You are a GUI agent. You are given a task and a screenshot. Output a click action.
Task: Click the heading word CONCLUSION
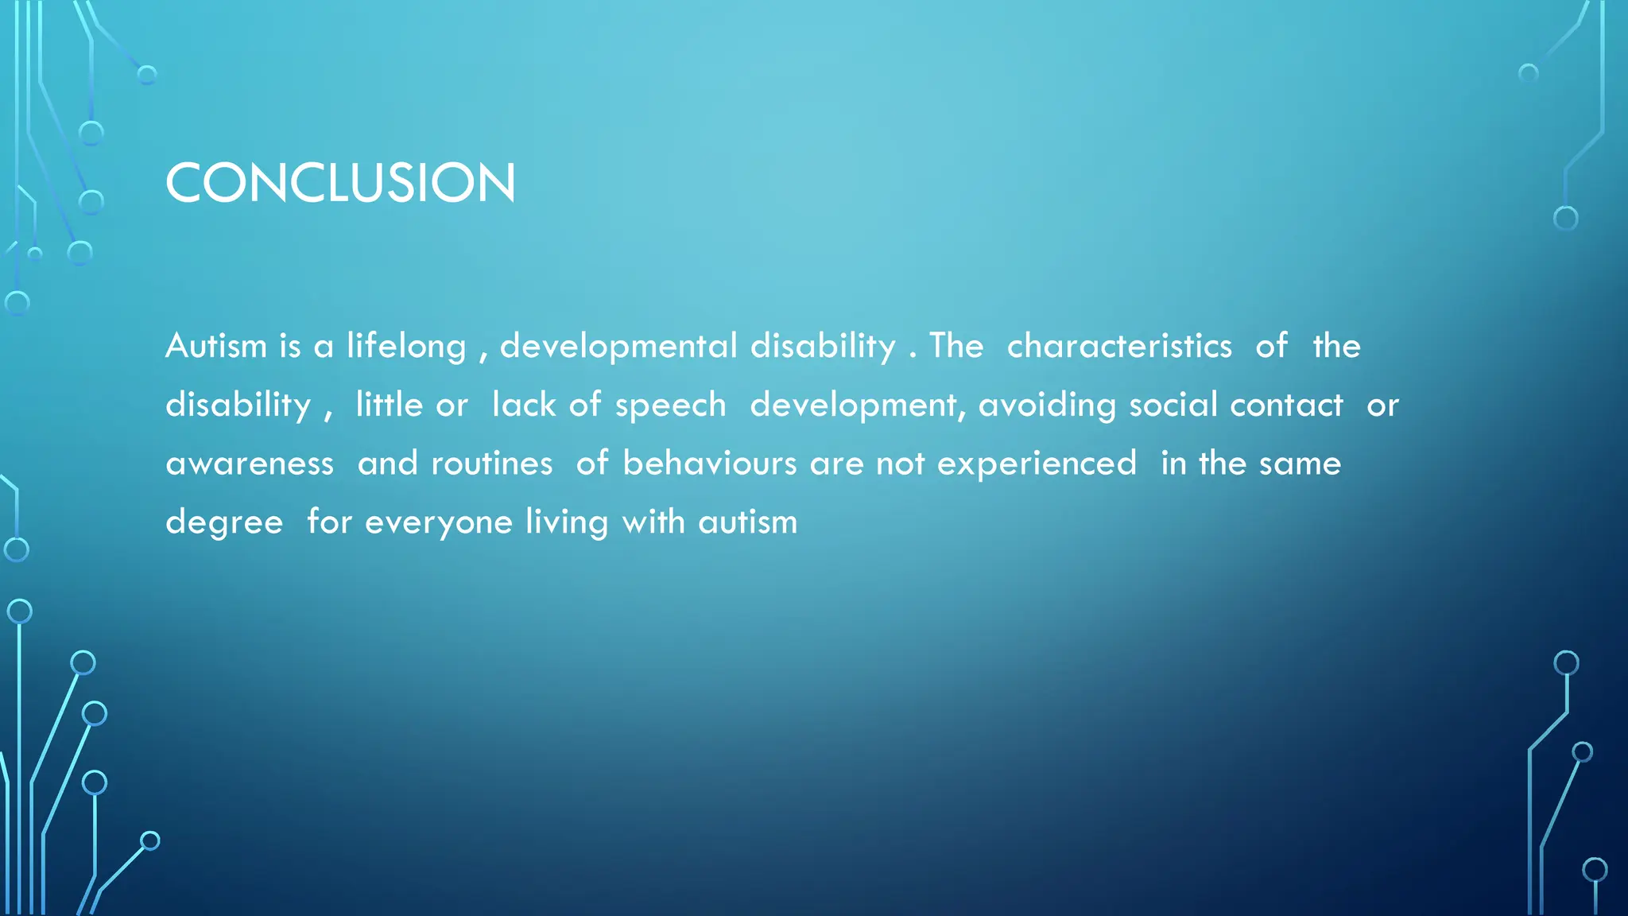coord(340,183)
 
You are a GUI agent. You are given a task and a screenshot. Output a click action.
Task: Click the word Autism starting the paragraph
coord(216,346)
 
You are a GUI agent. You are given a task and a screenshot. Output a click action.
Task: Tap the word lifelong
coord(406,347)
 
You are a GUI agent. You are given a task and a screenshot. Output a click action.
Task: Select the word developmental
coord(618,347)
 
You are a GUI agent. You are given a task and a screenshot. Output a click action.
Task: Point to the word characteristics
coord(1119,346)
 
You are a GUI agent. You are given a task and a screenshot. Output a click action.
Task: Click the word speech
coord(670,406)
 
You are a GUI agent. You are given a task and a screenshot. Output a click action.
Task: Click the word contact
coord(1286,405)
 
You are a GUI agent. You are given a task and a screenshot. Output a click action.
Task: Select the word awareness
coord(250,464)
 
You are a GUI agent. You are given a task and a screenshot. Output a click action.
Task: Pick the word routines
coord(491,464)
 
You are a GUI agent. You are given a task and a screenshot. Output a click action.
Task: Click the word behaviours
coord(709,464)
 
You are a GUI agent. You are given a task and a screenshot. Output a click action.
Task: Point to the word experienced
coord(1037,464)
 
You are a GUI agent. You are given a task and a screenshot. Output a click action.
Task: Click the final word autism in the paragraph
coord(747,522)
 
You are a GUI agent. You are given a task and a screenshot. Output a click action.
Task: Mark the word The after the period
coord(956,346)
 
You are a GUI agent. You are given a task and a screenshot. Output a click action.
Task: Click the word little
coord(389,405)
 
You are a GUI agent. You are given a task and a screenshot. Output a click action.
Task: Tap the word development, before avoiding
coord(857,406)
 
